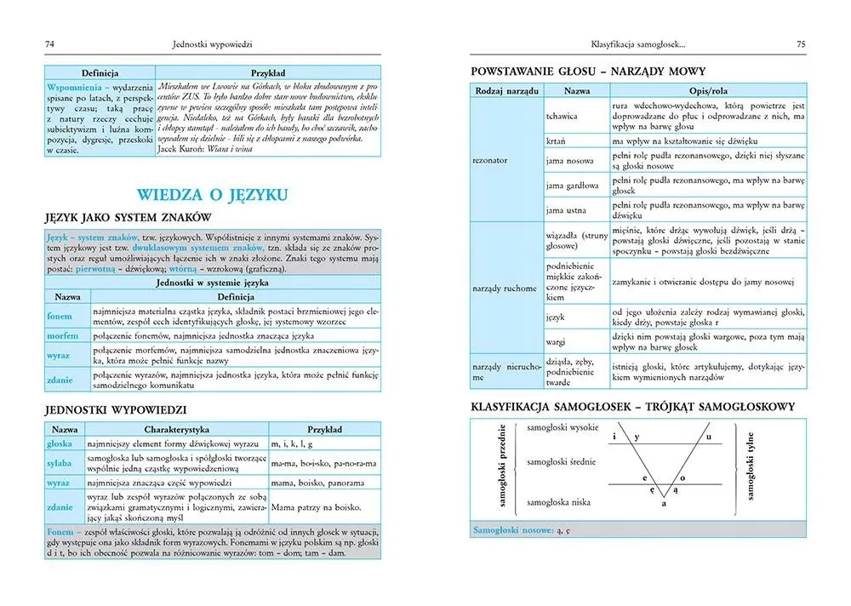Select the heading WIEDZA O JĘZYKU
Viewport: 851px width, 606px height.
tap(212, 194)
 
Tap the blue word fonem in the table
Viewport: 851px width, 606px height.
tap(58, 317)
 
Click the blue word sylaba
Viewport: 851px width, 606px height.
tap(59, 462)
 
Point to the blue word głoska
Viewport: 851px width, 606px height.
tap(60, 443)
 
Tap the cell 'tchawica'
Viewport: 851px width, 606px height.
tap(563, 116)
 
